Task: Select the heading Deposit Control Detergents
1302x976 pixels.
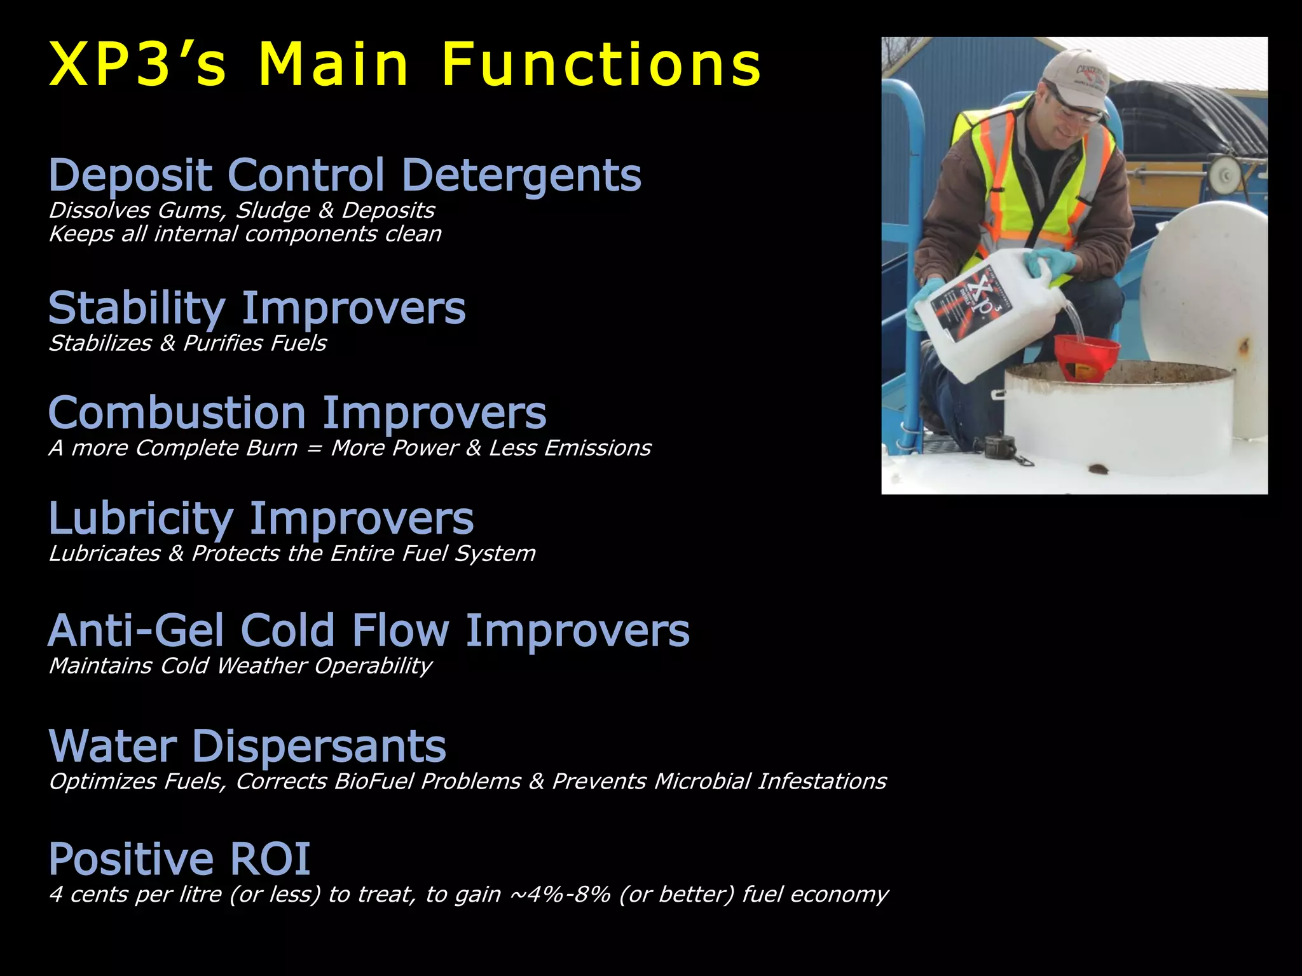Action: point(345,175)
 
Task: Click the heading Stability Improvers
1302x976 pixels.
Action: point(257,309)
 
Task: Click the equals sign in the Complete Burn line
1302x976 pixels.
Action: point(314,449)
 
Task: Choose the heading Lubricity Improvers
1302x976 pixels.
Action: point(261,519)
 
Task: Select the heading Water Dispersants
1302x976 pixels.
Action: point(247,746)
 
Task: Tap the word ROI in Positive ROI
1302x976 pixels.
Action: point(270,859)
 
